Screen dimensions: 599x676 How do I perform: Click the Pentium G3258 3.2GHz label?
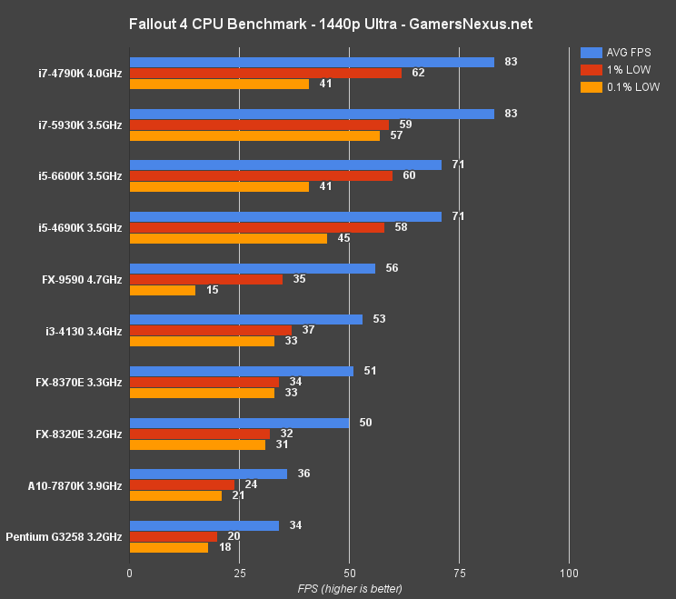64,537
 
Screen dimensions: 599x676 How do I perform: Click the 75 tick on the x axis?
459,574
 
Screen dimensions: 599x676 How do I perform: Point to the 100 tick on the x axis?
569,574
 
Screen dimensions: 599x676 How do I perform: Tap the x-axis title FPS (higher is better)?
350,589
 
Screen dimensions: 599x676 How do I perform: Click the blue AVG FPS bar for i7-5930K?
312,114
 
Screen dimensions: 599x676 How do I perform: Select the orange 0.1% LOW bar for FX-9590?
163,290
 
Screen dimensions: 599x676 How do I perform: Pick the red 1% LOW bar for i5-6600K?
261,175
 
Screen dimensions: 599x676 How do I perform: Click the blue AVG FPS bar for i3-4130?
246,319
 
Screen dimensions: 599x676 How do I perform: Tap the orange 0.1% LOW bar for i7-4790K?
219,84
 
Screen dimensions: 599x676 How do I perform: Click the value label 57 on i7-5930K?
395,135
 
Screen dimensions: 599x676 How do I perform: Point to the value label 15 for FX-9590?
211,290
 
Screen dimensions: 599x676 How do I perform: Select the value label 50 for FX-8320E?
364,423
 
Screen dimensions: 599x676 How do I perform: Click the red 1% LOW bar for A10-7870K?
182,484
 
